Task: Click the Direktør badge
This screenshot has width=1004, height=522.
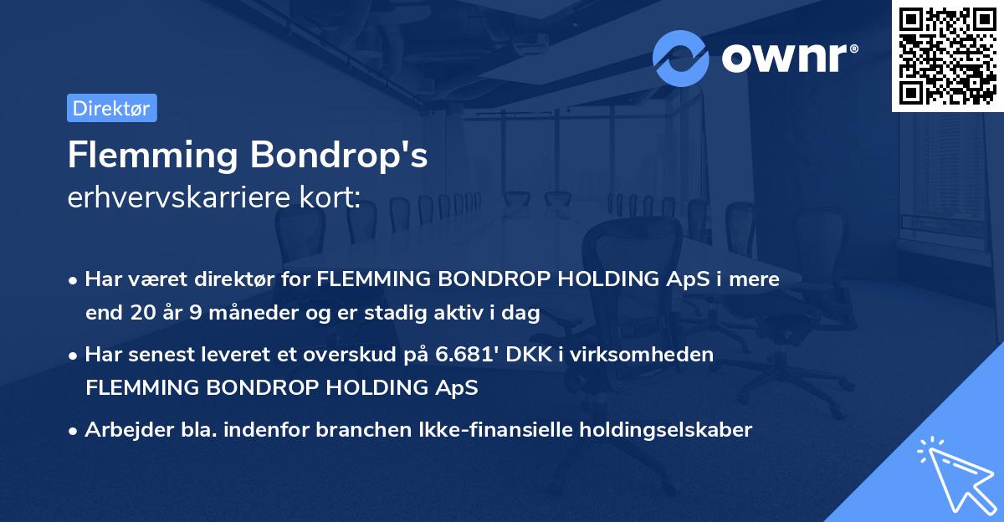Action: coord(111,108)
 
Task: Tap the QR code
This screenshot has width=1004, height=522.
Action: coord(947,55)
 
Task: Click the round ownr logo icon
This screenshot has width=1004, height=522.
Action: coord(681,58)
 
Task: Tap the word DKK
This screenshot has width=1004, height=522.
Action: coord(534,355)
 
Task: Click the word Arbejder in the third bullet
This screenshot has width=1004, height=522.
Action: coord(120,430)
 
